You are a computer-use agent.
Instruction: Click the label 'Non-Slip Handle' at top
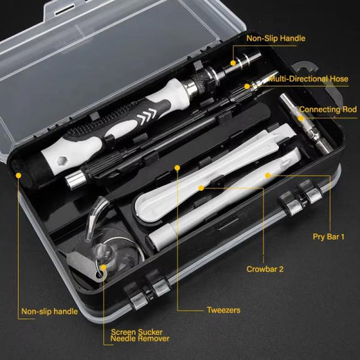275,38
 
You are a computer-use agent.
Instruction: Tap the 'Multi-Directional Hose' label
308,79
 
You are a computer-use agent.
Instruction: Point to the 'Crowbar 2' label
265,268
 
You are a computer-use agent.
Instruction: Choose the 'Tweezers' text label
223,311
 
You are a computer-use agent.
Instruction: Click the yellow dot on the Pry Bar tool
268,175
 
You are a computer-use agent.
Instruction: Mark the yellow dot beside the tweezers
177,167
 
